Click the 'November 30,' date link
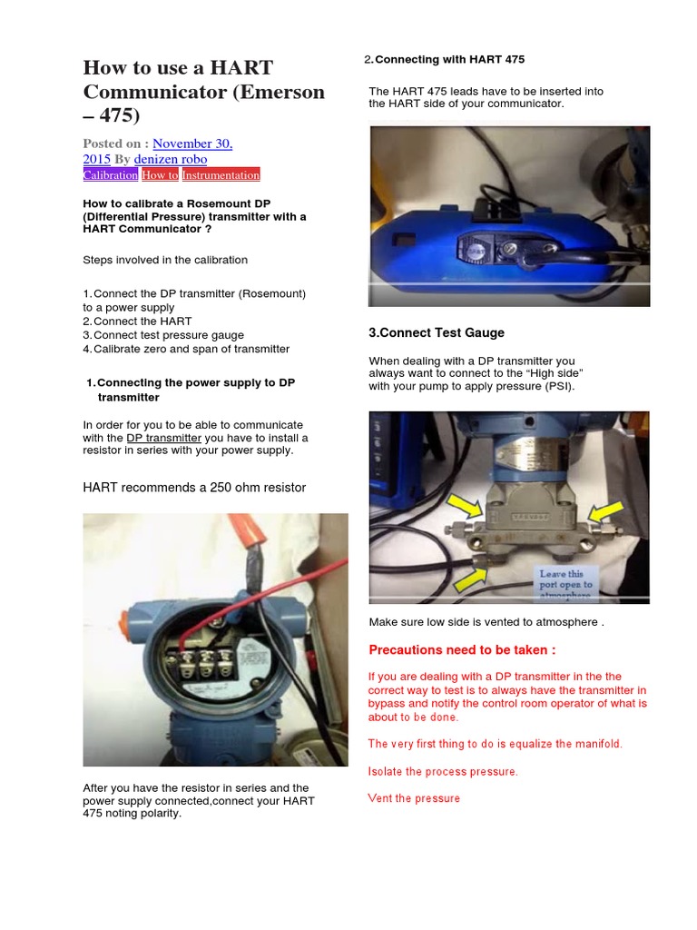[192, 143]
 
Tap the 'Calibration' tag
[111, 174]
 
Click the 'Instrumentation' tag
[221, 174]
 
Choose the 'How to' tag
[160, 174]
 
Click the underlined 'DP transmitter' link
[163, 438]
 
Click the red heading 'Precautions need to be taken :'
[462, 650]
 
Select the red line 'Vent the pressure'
[414, 798]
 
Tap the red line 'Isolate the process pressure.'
[443, 771]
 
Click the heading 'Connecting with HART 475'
[449, 60]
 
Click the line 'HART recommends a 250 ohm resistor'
[194, 488]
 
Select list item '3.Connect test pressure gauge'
[163, 335]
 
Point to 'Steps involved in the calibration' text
[165, 260]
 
